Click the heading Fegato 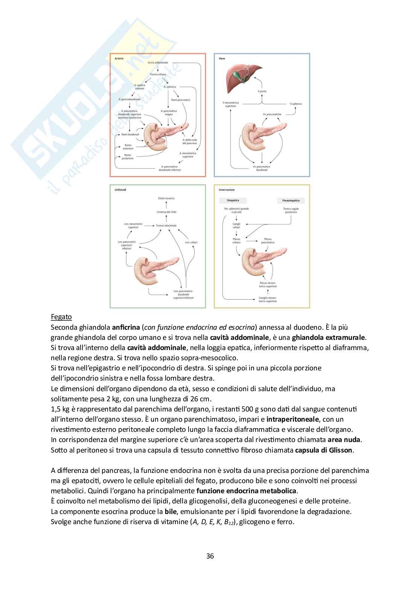click(61, 317)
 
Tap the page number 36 click(210, 556)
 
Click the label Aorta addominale click(158, 63)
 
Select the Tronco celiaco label click(158, 74)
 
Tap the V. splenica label click(295, 104)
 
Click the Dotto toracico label click(166, 198)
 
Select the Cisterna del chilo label click(166, 212)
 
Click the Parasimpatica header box click(291, 200)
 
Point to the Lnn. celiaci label click(191, 242)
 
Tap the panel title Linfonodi click(120, 190)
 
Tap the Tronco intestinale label click(166, 226)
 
